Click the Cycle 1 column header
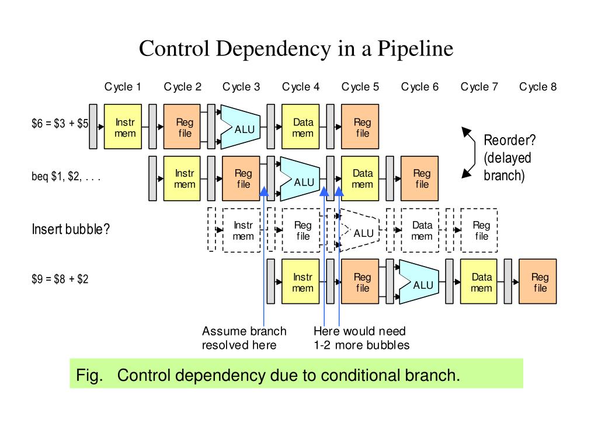pyautogui.click(x=123, y=87)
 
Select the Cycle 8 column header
pyautogui.click(x=538, y=87)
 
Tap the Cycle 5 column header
pyautogui.click(x=360, y=87)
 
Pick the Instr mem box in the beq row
pyautogui.click(x=185, y=178)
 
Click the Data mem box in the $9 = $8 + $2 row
pyautogui.click(x=481, y=282)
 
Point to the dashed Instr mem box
pyautogui.click(x=243, y=230)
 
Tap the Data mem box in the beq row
pyautogui.click(x=362, y=178)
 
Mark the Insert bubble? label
pyautogui.click(x=71, y=229)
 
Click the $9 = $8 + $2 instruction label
pyautogui.click(x=60, y=279)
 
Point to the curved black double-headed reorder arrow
pyautogui.click(x=469, y=152)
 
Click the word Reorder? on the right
pyautogui.click(x=510, y=141)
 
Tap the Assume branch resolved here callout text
pyautogui.click(x=244, y=338)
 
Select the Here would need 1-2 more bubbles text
pyautogui.click(x=361, y=338)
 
